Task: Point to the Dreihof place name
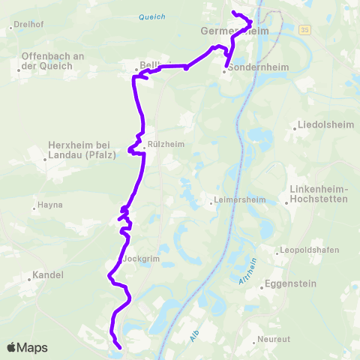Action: point(28,25)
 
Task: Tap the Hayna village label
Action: point(49,205)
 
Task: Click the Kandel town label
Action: point(47,275)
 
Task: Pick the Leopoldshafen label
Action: point(309,250)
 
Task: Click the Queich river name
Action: point(152,16)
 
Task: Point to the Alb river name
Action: point(195,337)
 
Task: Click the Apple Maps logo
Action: point(27,347)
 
